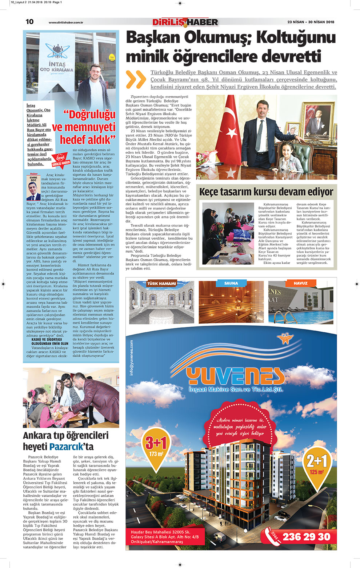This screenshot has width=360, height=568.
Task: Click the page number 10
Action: pyautogui.click(x=29, y=22)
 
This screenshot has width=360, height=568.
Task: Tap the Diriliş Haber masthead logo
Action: pyautogui.click(x=185, y=22)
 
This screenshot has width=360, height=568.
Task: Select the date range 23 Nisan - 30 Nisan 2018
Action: pyautogui.click(x=311, y=22)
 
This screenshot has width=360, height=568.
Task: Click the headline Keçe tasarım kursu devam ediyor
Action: pyautogui.click(x=266, y=192)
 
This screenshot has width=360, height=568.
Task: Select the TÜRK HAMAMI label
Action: pyautogui.click(x=161, y=283)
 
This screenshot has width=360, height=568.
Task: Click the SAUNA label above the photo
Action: pyautogui.click(x=231, y=283)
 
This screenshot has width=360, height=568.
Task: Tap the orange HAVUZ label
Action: pyautogui.click(x=300, y=283)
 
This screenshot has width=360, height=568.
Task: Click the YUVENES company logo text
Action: pyautogui.click(x=235, y=376)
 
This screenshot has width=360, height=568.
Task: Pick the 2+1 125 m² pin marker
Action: pyautogui.click(x=317, y=464)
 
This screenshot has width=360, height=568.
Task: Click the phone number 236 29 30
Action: pyautogui.click(x=306, y=537)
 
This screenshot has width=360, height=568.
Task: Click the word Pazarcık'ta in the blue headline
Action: pyautogui.click(x=71, y=447)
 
